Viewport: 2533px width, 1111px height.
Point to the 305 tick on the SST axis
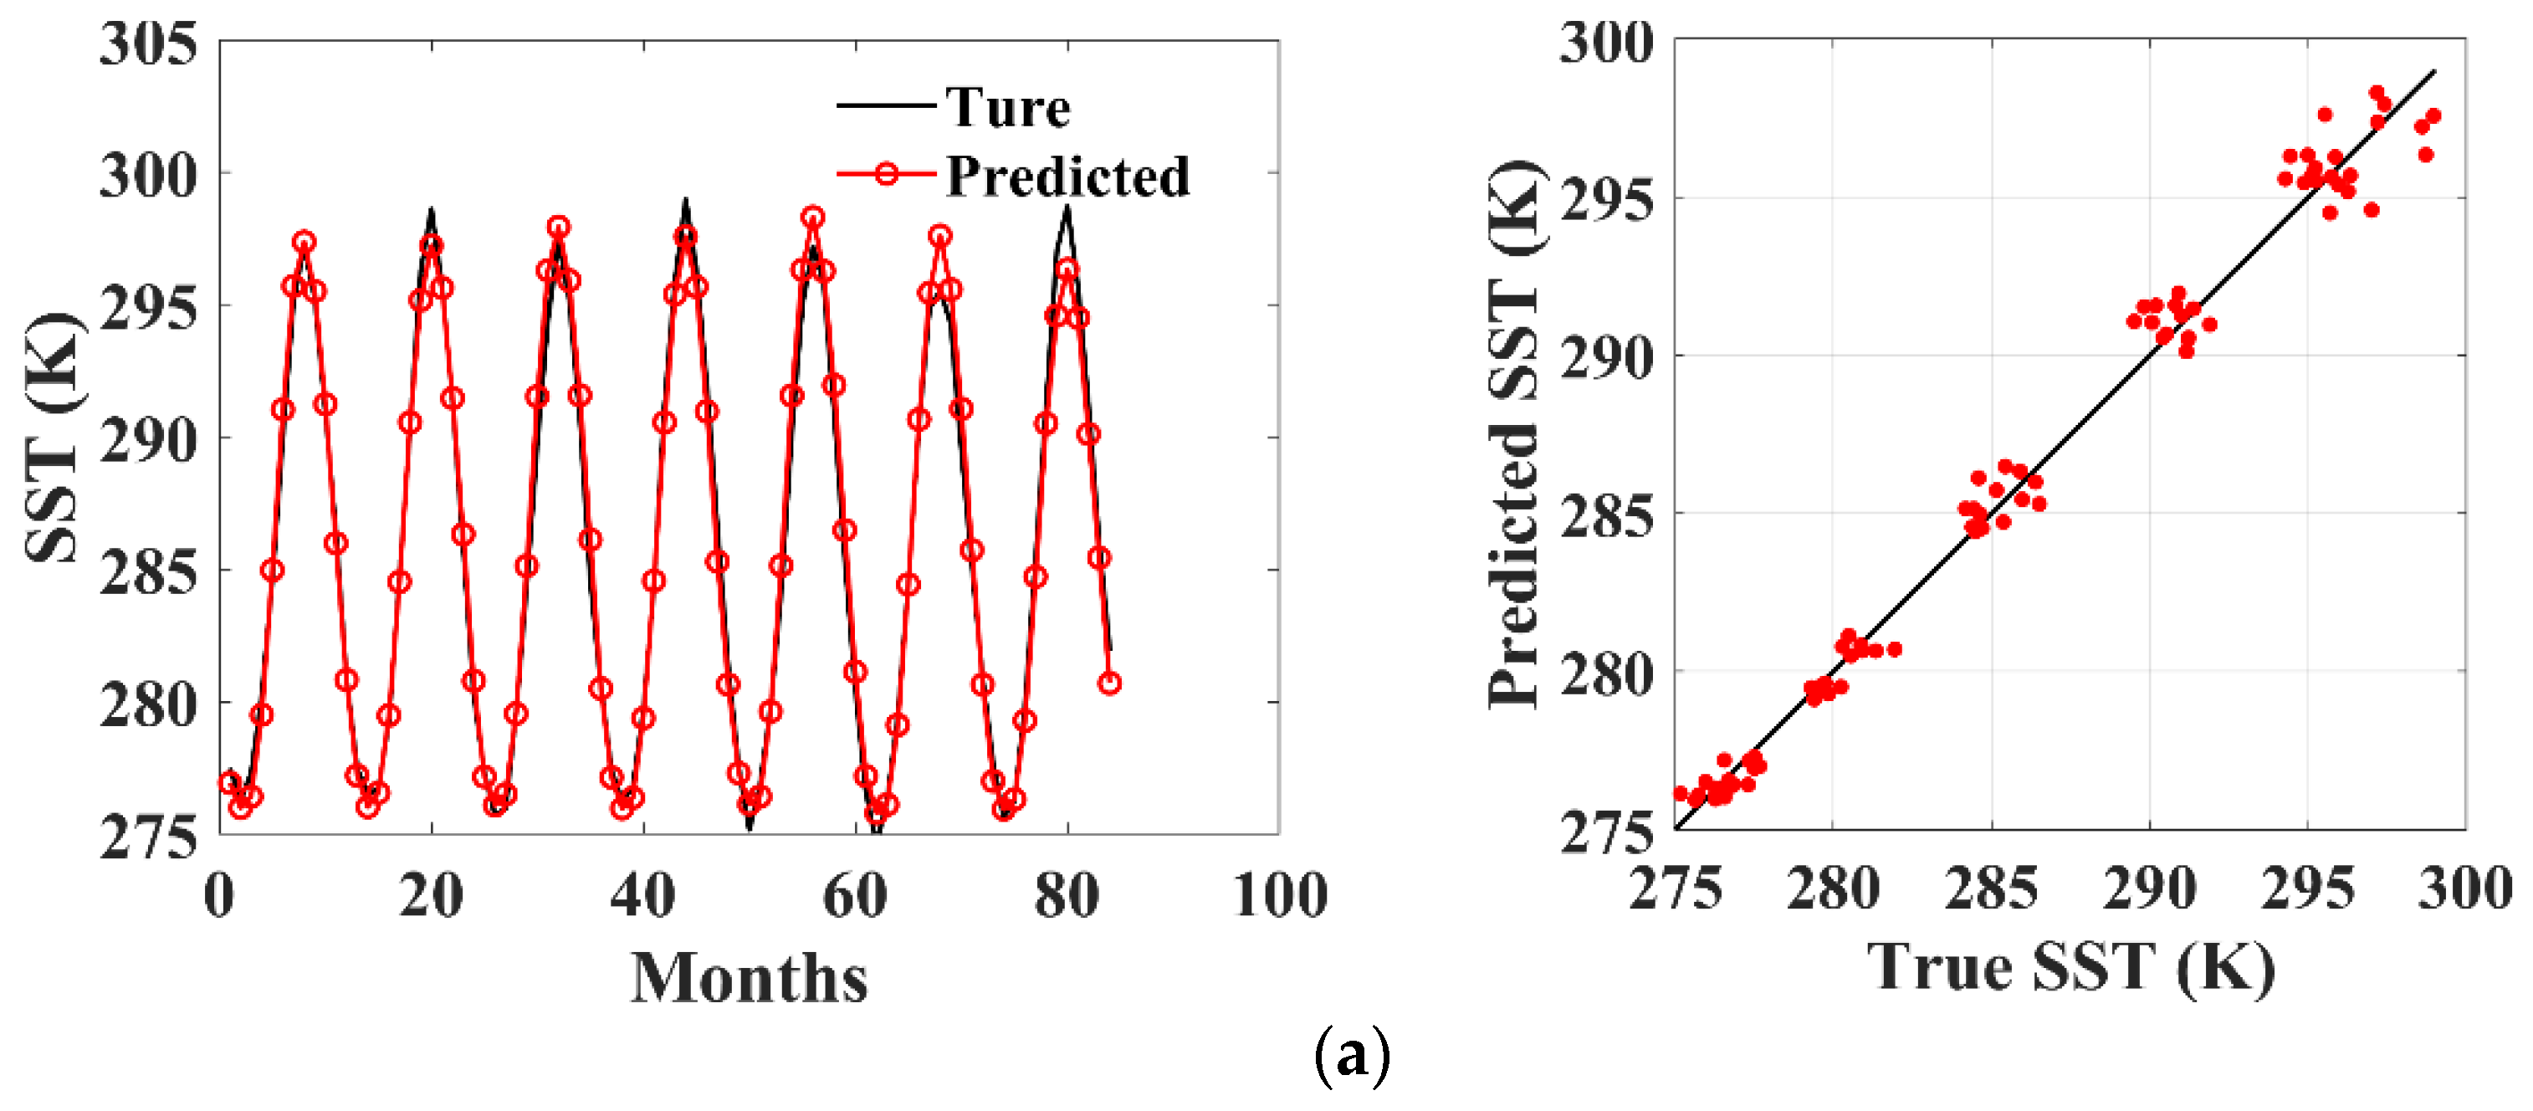(x=148, y=44)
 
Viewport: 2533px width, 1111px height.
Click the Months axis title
(x=750, y=978)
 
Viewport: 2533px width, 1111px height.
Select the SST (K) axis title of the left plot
(x=51, y=438)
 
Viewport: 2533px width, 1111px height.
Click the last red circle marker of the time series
(x=1110, y=683)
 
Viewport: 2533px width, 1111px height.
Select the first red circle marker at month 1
(x=230, y=782)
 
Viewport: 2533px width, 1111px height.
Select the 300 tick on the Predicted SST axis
(x=1607, y=44)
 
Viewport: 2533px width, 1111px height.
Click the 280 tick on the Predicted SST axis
(x=1607, y=673)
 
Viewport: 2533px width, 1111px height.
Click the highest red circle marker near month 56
(x=812, y=218)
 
